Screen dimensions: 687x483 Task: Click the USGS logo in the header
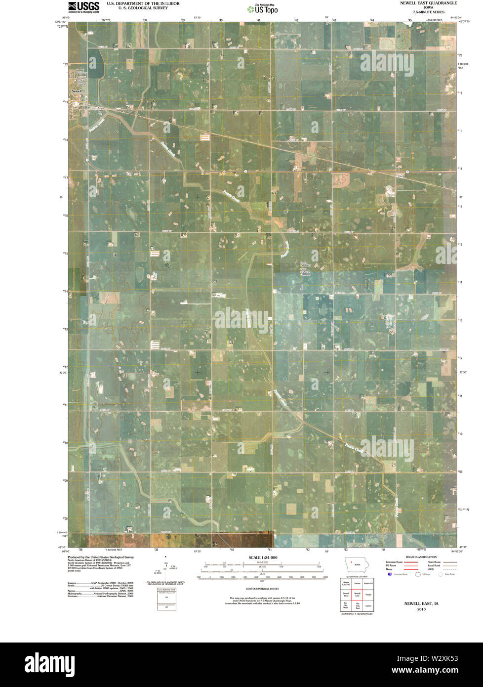[83, 7]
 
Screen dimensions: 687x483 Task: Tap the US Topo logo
[266, 8]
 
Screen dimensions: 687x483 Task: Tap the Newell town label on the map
[76, 92]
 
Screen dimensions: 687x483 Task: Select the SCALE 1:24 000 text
[263, 558]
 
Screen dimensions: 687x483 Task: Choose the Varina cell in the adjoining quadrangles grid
[357, 584]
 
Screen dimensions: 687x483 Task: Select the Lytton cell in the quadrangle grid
[368, 605]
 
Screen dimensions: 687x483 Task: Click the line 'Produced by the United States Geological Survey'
[101, 557]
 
